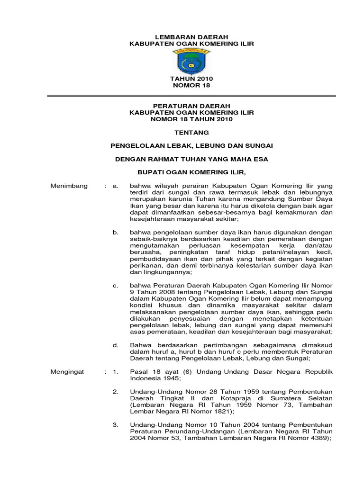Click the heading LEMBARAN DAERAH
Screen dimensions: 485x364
point(192,37)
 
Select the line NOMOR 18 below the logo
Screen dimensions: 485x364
point(192,86)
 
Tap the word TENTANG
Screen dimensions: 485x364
point(191,133)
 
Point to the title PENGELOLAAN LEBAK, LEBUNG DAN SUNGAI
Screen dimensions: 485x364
point(191,146)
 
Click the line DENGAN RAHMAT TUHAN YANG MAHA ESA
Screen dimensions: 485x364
point(191,159)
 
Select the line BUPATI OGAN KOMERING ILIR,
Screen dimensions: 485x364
point(191,172)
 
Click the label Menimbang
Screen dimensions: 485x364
point(69,186)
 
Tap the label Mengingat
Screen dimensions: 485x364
point(67,372)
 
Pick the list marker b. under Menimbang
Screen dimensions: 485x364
point(115,233)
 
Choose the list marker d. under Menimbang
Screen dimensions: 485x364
point(115,345)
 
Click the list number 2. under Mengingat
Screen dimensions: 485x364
point(115,392)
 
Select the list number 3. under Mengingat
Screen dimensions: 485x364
point(115,425)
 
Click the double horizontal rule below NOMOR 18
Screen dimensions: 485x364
point(191,96)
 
